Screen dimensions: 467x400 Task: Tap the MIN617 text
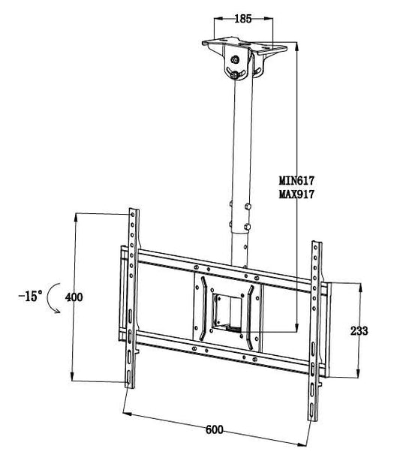[x=296, y=181]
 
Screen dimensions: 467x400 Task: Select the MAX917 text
[x=296, y=194]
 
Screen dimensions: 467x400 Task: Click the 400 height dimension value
[x=74, y=297]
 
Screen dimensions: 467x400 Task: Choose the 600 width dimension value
[x=215, y=429]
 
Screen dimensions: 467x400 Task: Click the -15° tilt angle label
[x=29, y=297]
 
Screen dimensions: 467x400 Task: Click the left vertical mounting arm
[x=133, y=297]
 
